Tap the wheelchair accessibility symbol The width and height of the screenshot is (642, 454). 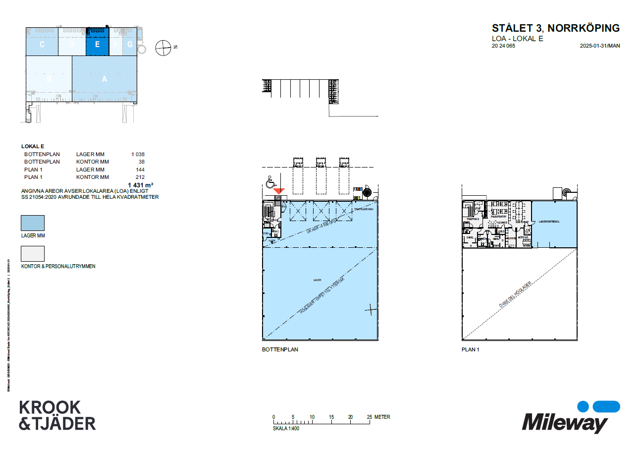click(x=270, y=183)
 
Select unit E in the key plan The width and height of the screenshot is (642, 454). click(x=97, y=44)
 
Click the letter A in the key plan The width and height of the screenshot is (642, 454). click(x=105, y=79)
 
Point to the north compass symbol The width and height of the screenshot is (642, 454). click(x=162, y=48)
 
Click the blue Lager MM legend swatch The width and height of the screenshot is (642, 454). click(x=32, y=223)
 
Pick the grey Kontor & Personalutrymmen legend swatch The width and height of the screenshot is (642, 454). click(x=32, y=254)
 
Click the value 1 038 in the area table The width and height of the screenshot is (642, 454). click(x=138, y=154)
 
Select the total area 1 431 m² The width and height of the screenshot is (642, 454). click(x=140, y=185)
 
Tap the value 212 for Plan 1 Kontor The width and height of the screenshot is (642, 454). click(x=140, y=177)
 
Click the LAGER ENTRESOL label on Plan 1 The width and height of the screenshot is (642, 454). click(x=549, y=222)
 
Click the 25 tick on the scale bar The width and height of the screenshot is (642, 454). click(x=370, y=417)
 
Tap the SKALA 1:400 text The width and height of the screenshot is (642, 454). click(x=286, y=428)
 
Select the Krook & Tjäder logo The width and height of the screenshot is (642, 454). click(x=57, y=415)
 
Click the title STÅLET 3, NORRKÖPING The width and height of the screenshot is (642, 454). click(x=555, y=28)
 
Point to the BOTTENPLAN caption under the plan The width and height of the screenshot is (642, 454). click(x=280, y=349)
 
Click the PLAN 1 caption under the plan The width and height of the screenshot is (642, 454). click(x=471, y=349)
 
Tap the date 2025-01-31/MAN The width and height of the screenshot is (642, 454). click(x=600, y=46)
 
